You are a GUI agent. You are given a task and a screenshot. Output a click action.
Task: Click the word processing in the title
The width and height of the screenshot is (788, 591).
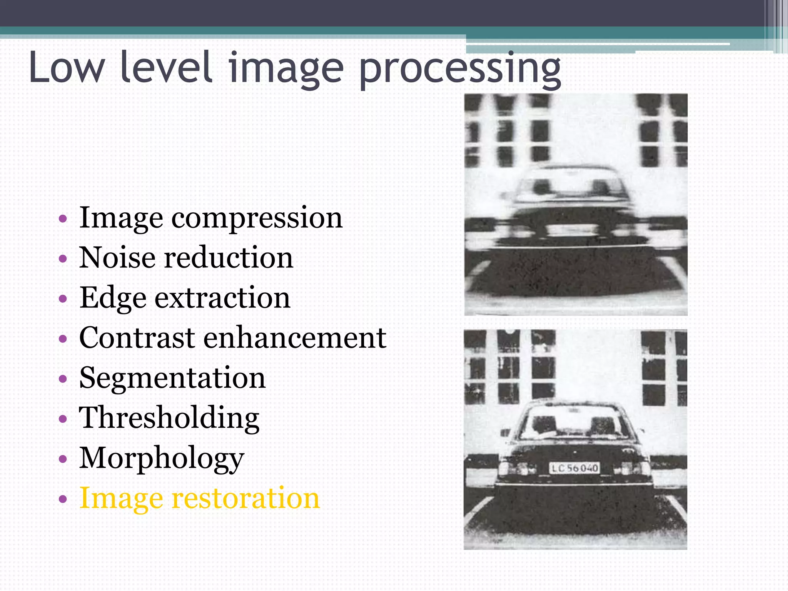pyautogui.click(x=460, y=69)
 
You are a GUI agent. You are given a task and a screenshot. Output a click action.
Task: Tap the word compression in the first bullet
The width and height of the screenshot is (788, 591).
pyautogui.click(x=257, y=218)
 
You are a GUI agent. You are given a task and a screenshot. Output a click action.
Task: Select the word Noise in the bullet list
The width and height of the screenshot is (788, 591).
pyautogui.click(x=117, y=257)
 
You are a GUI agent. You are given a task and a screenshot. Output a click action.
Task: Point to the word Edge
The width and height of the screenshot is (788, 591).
pyautogui.click(x=113, y=298)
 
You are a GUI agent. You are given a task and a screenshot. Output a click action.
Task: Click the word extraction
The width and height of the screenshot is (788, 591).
pyautogui.click(x=222, y=298)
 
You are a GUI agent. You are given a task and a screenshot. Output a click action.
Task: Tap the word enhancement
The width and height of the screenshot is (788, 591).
pyautogui.click(x=295, y=337)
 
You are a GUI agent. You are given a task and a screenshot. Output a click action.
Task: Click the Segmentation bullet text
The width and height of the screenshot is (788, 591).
pyautogui.click(x=172, y=378)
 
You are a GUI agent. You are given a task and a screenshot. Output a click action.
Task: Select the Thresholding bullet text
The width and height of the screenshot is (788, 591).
pyautogui.click(x=169, y=419)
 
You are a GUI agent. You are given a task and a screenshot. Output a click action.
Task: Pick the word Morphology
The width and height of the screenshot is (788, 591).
pyautogui.click(x=162, y=459)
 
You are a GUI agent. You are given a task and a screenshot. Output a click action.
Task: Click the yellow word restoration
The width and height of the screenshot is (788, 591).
pyautogui.click(x=245, y=498)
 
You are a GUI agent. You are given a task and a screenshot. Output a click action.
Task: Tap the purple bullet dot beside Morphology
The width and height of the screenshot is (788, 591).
pyautogui.click(x=63, y=459)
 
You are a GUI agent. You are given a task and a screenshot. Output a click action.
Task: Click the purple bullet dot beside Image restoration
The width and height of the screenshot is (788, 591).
pyautogui.click(x=63, y=499)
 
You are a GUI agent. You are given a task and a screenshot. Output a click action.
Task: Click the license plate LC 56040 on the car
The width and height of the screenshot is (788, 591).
pyautogui.click(x=574, y=468)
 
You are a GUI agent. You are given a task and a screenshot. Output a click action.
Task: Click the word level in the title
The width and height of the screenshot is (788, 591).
pyautogui.click(x=166, y=68)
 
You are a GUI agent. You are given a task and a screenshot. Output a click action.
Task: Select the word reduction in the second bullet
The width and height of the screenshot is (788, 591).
pyautogui.click(x=229, y=257)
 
